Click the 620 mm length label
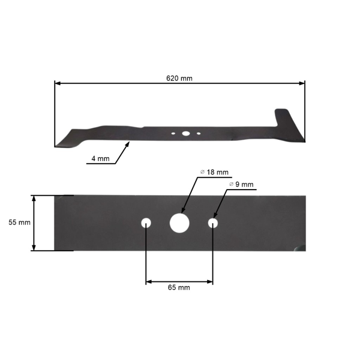179,79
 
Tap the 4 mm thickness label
100,158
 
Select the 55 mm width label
20,222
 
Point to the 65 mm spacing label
179,288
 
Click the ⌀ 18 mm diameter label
214,172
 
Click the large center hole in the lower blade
179,223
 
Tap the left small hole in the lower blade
146,223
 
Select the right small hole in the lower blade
212,223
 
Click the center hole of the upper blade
186,133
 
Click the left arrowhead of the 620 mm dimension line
57,84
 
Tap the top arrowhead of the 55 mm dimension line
35,197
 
